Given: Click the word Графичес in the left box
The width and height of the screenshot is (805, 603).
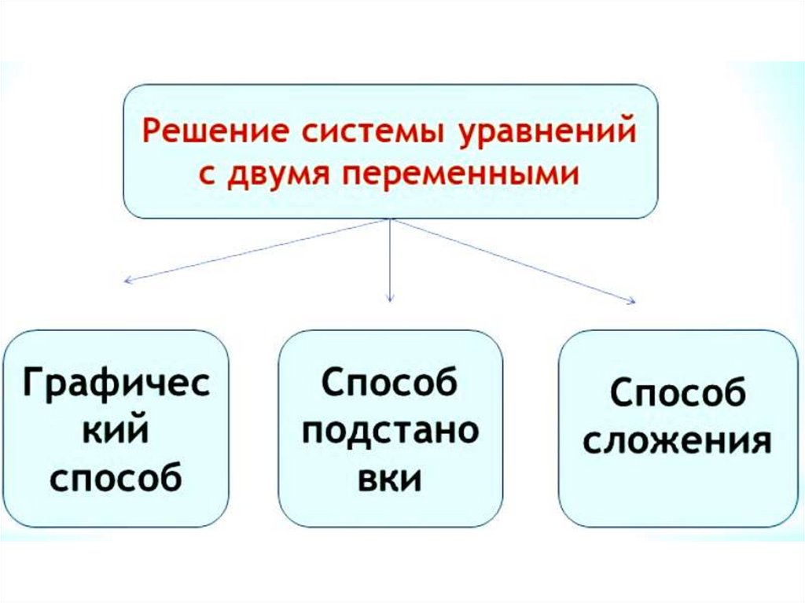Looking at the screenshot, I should pyautogui.click(x=116, y=387).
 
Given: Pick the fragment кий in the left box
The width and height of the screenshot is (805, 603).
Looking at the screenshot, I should pyautogui.click(x=116, y=431).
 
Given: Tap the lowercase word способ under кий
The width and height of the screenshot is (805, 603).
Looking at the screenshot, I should pyautogui.click(x=116, y=477).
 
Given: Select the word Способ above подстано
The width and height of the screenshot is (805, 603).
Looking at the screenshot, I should pyautogui.click(x=390, y=385).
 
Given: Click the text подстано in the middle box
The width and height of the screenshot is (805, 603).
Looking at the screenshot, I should pyautogui.click(x=390, y=433).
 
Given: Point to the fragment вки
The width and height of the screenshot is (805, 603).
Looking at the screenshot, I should pyautogui.click(x=390, y=478).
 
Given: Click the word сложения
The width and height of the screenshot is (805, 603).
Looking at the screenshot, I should pyautogui.click(x=677, y=441).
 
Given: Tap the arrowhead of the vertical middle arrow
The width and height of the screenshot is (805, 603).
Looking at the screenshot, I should pyautogui.click(x=391, y=298).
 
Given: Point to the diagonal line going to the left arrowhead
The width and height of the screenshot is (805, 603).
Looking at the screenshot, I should pyautogui.click(x=259, y=249).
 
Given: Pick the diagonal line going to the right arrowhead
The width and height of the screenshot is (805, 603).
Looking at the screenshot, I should pyautogui.click(x=511, y=259).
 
